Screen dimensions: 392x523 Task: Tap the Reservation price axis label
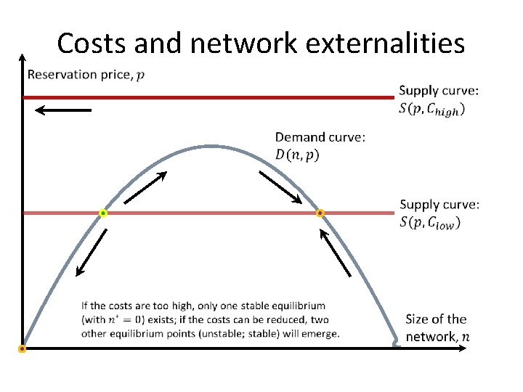pyautogui.click(x=81, y=75)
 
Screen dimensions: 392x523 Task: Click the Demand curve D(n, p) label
pyautogui.click(x=320, y=145)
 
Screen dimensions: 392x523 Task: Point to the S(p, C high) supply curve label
pyautogui.click(x=439, y=100)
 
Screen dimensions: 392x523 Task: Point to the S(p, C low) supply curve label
pyautogui.click(x=439, y=214)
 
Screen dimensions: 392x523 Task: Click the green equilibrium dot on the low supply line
pyautogui.click(x=103, y=213)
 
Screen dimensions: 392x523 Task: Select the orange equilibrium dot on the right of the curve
pyautogui.click(x=320, y=213)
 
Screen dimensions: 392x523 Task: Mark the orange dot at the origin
pyautogui.click(x=23, y=349)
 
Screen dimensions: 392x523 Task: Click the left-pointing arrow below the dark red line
pyautogui.click(x=62, y=110)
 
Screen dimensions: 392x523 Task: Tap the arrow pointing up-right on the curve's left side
pyautogui.click(x=145, y=187)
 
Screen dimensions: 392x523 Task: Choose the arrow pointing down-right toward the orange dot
pyautogui.click(x=280, y=188)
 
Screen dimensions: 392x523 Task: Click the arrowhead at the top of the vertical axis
pyautogui.click(x=23, y=58)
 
